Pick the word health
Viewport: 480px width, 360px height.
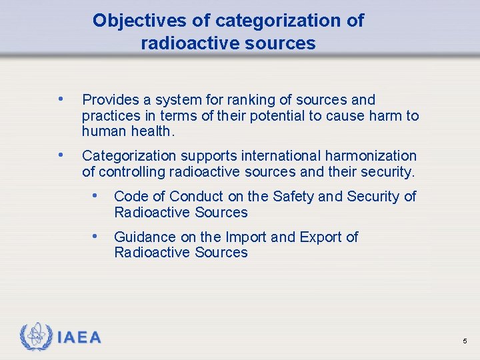point(153,132)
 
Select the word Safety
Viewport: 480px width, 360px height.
point(292,196)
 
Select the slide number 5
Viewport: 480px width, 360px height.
point(465,341)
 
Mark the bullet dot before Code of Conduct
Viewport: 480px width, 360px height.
point(97,195)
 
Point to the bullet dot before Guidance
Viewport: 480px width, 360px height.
point(97,236)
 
